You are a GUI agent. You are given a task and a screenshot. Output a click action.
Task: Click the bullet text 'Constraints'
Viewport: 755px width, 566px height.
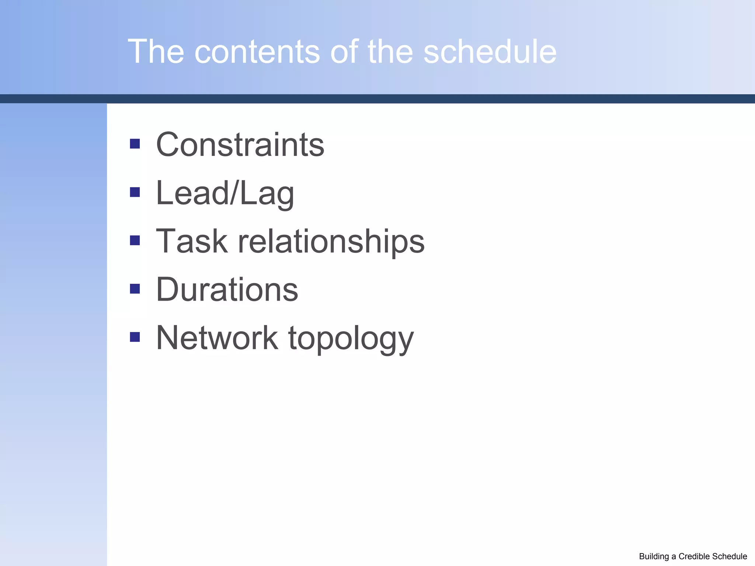pos(240,144)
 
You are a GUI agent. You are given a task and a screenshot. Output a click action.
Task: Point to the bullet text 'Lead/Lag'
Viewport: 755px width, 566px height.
pos(225,193)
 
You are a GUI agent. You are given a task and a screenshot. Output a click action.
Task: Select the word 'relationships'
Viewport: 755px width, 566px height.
pos(331,241)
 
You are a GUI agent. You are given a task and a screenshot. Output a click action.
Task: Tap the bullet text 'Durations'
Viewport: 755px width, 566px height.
pos(227,290)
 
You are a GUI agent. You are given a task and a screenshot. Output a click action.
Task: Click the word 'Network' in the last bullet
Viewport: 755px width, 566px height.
pos(217,338)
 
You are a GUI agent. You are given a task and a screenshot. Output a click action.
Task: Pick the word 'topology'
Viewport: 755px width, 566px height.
pos(351,339)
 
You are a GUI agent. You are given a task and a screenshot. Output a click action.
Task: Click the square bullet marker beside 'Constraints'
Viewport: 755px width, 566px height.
pos(135,144)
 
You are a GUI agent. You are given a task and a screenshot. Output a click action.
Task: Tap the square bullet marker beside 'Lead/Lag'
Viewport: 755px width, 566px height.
pos(135,192)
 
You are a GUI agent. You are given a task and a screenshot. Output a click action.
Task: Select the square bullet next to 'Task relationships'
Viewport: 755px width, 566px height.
pos(135,241)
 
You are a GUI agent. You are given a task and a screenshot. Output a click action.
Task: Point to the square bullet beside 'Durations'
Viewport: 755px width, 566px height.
pos(135,289)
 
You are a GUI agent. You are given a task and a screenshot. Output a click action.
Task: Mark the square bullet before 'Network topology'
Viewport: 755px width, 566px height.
pos(135,337)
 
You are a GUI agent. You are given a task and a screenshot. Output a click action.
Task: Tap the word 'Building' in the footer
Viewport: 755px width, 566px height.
pos(654,556)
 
